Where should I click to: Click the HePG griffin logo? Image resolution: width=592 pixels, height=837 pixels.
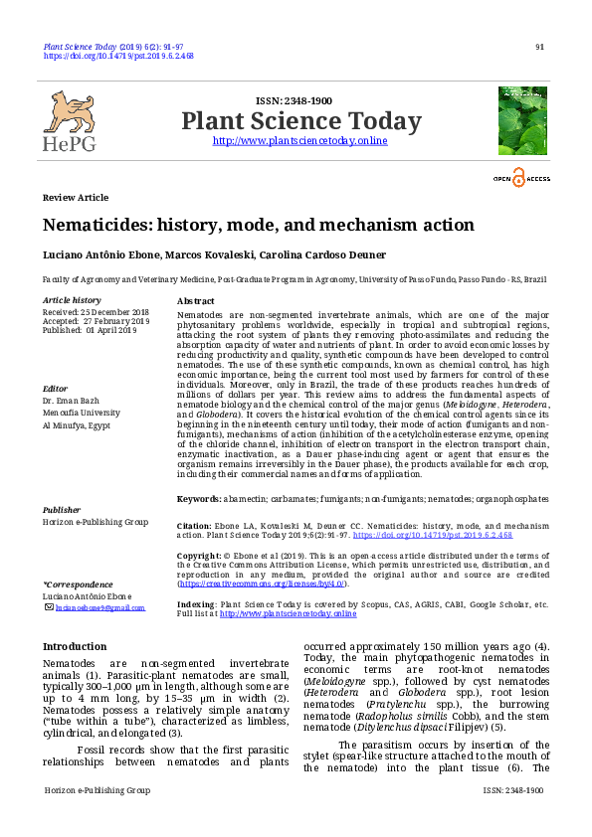[69, 113]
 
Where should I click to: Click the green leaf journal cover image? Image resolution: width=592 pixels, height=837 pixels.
[522, 119]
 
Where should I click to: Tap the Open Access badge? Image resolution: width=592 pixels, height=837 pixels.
[522, 179]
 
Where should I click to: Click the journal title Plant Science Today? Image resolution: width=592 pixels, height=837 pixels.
[300, 121]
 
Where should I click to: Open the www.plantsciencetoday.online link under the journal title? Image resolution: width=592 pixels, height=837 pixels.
[300, 141]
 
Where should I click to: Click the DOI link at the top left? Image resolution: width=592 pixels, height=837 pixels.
[118, 57]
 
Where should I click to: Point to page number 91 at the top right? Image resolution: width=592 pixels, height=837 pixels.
[539, 47]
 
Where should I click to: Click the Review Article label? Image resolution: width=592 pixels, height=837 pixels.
[76, 198]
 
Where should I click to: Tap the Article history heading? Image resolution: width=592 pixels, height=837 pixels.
[72, 300]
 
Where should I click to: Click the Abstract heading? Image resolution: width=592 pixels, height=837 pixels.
[195, 300]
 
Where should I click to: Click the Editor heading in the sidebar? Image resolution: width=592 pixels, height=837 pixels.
[55, 389]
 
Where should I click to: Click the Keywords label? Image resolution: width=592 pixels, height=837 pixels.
[198, 498]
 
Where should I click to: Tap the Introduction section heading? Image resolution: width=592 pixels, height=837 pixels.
[75, 646]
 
